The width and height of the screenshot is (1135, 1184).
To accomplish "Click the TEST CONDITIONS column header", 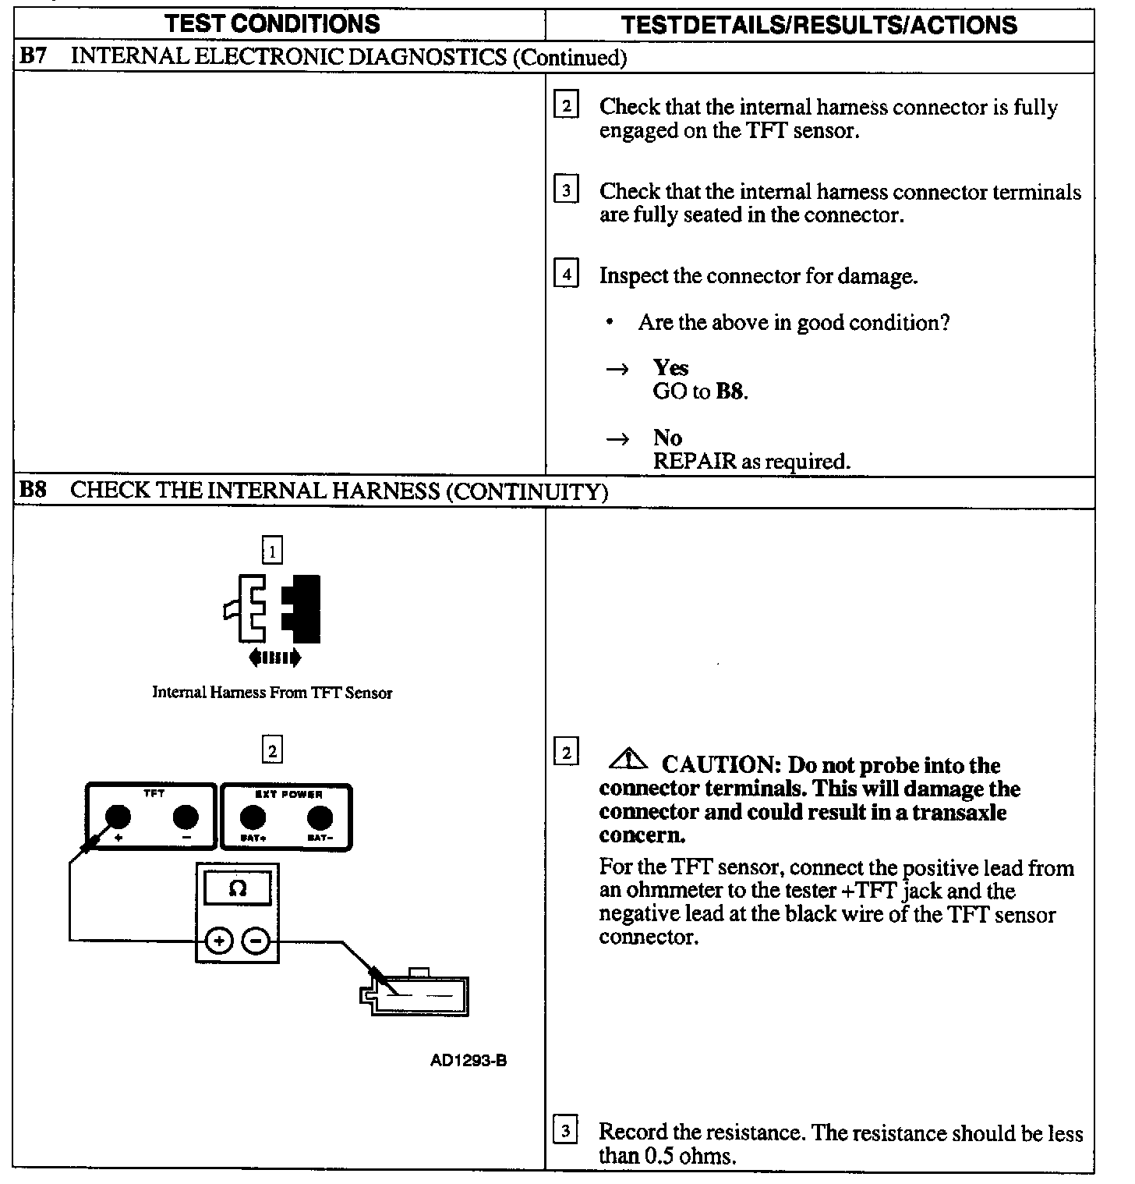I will tap(272, 23).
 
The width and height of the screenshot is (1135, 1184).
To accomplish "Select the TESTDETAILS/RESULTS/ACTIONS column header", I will tap(819, 25).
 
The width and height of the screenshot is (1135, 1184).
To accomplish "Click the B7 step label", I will tap(32, 56).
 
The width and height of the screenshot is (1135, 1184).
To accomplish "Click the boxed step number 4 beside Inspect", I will tap(566, 275).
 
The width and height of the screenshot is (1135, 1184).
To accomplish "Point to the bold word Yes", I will tap(670, 367).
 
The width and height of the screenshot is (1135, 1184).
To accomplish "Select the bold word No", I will tap(667, 438).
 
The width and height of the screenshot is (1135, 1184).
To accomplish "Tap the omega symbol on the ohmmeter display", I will tap(238, 888).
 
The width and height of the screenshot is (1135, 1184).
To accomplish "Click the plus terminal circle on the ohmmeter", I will tap(220, 941).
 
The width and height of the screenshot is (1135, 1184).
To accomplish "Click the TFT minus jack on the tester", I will tap(186, 817).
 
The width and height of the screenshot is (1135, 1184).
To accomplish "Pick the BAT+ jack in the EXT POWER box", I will tap(252, 817).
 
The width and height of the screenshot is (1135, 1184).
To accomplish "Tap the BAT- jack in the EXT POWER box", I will tap(320, 817).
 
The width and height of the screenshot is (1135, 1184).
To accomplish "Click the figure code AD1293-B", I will tap(468, 1061).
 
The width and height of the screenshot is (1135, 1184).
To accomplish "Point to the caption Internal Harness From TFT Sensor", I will tap(272, 693).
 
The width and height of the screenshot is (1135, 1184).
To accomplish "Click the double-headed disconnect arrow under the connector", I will tap(274, 658).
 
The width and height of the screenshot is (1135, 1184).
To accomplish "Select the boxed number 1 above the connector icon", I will tap(272, 552).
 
